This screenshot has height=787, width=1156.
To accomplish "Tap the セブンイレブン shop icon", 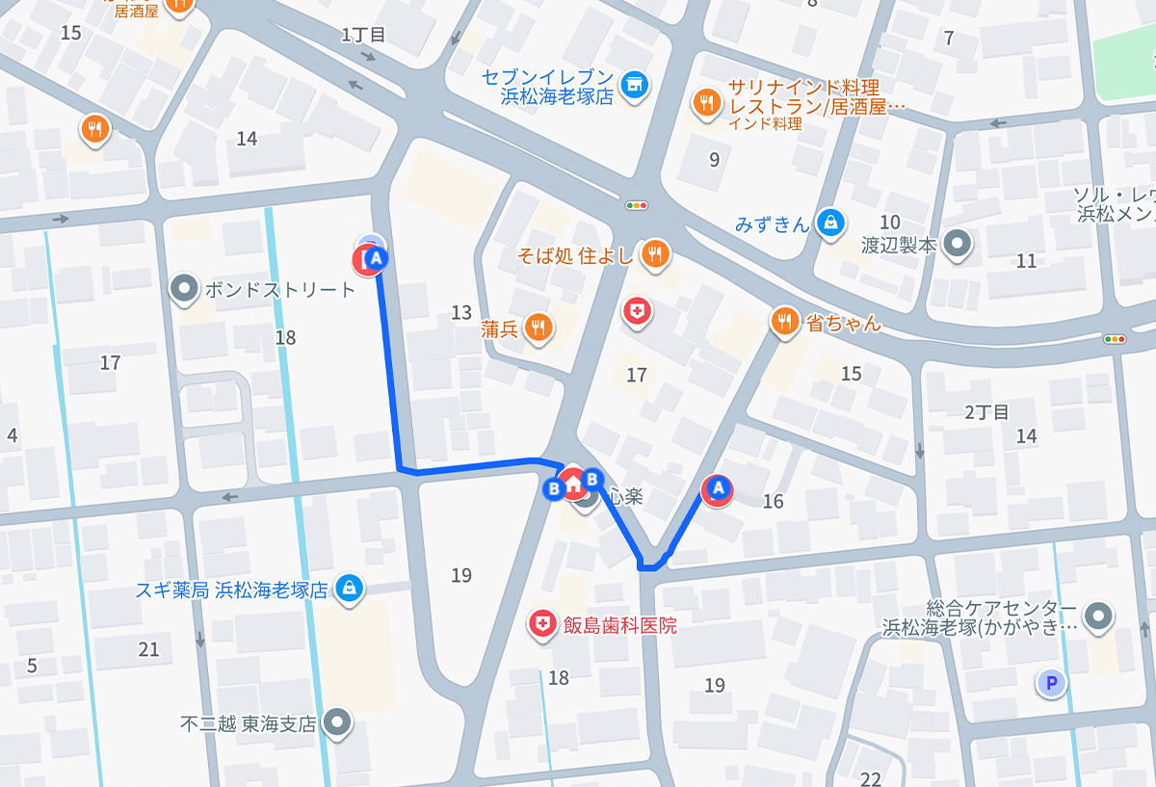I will [x=634, y=85].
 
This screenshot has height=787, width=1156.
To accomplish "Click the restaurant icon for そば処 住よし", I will [x=656, y=254].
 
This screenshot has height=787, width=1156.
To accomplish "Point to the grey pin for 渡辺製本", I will [x=958, y=244].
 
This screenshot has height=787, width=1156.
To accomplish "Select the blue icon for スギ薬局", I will [x=350, y=588].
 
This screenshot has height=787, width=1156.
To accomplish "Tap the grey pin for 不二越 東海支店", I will [x=336, y=721].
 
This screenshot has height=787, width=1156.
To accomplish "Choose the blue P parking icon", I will [x=1051, y=684].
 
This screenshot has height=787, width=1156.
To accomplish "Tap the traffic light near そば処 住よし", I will [x=637, y=205].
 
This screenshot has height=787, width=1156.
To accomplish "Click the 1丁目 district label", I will [x=363, y=35].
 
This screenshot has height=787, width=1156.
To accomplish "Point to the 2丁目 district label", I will [x=986, y=412].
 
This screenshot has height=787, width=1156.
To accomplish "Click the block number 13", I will [x=461, y=312].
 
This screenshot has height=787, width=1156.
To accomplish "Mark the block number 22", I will [x=871, y=778].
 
